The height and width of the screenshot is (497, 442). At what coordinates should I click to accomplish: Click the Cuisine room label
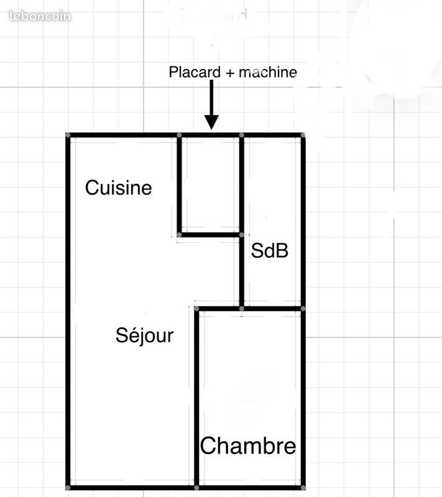pyautogui.click(x=118, y=188)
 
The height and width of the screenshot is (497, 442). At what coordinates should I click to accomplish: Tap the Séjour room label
pyautogui.click(x=144, y=335)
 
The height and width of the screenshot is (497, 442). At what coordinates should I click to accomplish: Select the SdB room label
pyautogui.click(x=270, y=251)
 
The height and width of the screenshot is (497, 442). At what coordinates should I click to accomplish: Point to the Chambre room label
pyautogui.click(x=248, y=446)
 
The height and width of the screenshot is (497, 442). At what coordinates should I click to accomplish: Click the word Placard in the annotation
pyautogui.click(x=194, y=72)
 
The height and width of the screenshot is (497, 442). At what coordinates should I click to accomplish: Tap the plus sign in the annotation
pyautogui.click(x=230, y=73)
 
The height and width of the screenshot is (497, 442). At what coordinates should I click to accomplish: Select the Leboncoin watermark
pyautogui.click(x=40, y=16)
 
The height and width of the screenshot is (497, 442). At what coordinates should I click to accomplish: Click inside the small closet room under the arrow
pyautogui.click(x=210, y=185)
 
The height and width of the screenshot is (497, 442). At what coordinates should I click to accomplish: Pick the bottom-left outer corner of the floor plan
pyautogui.click(x=68, y=487)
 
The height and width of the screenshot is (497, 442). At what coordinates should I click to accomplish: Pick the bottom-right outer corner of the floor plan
pyautogui.click(x=303, y=487)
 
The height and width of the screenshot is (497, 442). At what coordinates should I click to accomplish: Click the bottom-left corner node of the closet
pyautogui.click(x=180, y=235)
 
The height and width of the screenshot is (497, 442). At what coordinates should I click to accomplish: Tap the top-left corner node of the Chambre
pyautogui.click(x=196, y=309)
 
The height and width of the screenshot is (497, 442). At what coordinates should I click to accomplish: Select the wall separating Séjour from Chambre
pyautogui.click(x=196, y=398)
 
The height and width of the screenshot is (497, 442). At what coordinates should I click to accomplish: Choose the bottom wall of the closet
pyautogui.click(x=210, y=235)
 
